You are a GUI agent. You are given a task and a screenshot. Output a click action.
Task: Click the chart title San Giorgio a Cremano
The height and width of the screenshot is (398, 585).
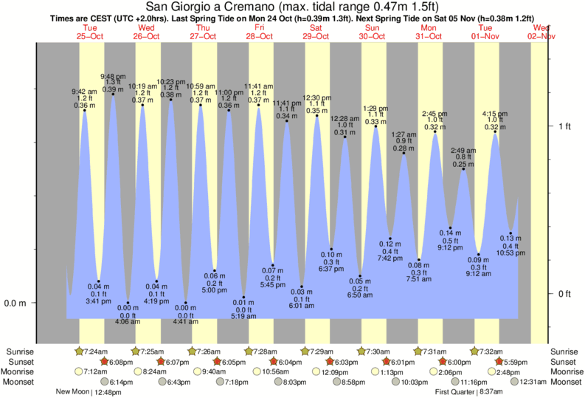point(292,7)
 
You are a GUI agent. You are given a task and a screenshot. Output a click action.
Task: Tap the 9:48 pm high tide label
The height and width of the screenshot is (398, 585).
point(113,76)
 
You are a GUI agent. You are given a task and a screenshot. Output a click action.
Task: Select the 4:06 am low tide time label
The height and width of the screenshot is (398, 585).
point(128,321)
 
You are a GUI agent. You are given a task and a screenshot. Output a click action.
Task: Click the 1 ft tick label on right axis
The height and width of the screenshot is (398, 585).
point(564,126)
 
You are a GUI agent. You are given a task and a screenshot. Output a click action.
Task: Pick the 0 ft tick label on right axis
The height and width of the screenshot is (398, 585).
point(564,294)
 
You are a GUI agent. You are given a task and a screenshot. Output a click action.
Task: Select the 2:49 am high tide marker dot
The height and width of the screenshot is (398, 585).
point(464,170)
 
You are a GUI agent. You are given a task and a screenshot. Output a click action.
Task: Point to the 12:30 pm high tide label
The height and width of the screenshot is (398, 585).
point(316,97)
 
